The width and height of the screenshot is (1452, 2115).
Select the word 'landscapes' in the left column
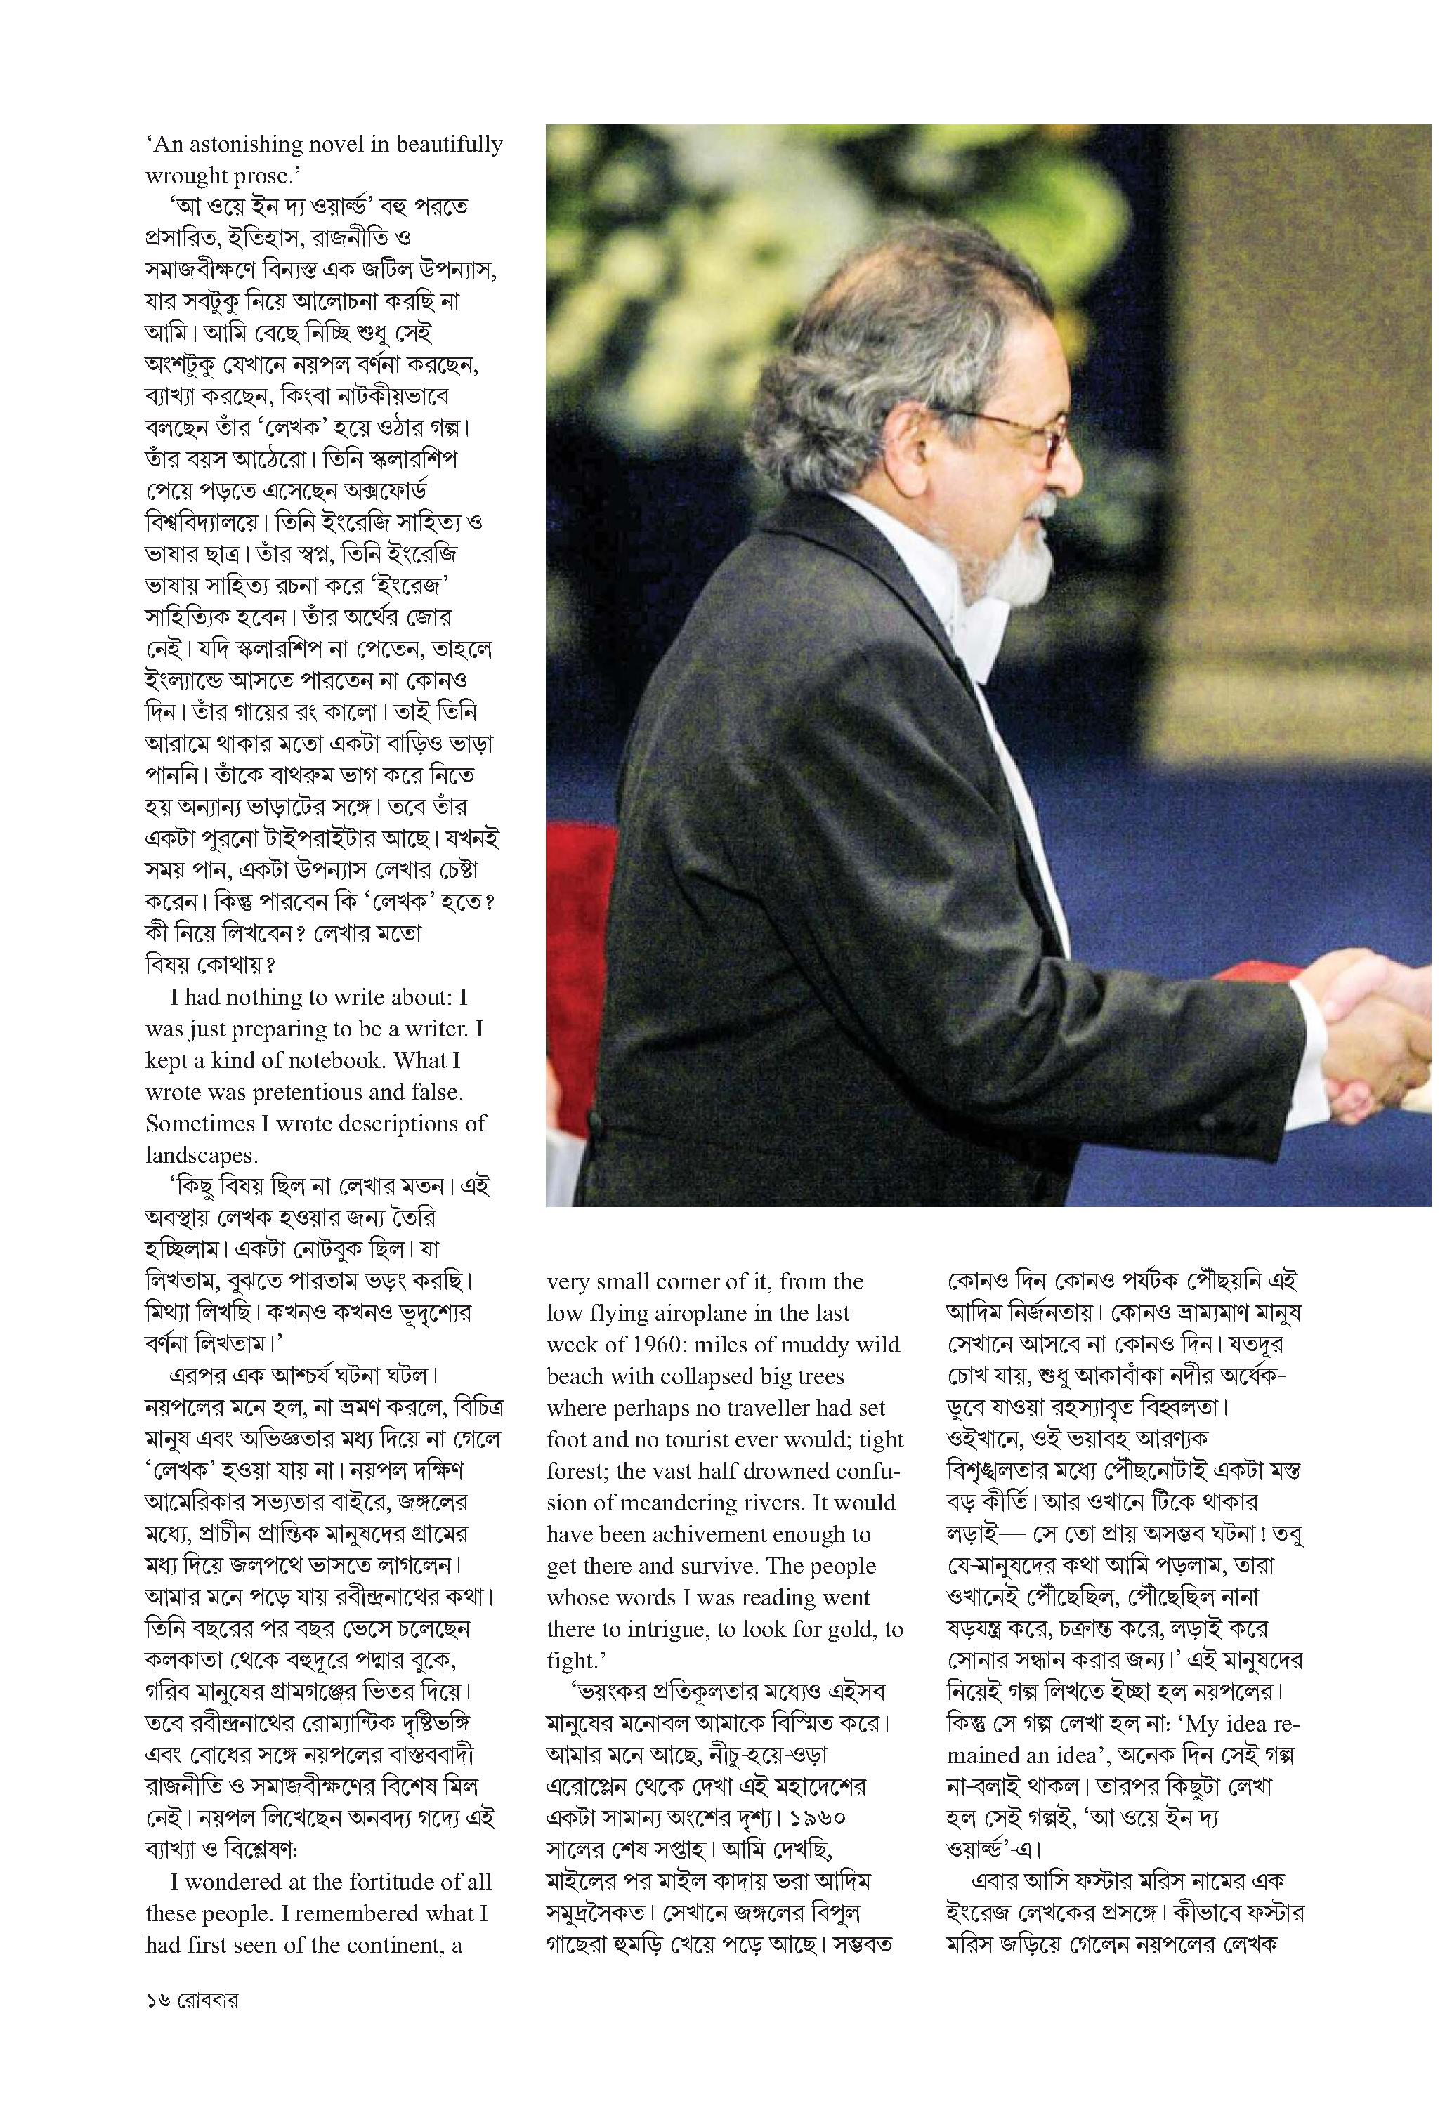pos(200,1156)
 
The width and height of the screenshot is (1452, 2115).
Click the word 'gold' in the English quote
pos(856,1629)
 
